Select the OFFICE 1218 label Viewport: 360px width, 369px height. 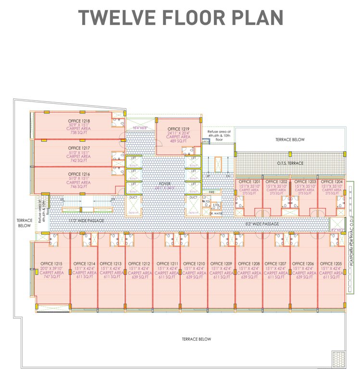(x=79, y=121)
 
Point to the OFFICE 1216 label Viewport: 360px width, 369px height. (x=79, y=174)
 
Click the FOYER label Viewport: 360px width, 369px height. (x=165, y=184)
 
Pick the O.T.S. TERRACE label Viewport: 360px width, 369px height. (x=290, y=163)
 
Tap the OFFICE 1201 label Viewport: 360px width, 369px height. (x=248, y=182)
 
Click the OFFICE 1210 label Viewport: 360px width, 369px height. (x=194, y=264)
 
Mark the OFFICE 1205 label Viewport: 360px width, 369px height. (x=331, y=264)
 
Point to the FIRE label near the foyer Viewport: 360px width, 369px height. (x=211, y=192)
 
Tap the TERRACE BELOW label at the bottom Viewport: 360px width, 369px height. (x=196, y=339)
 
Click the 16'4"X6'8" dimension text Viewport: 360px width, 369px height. (x=141, y=128)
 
